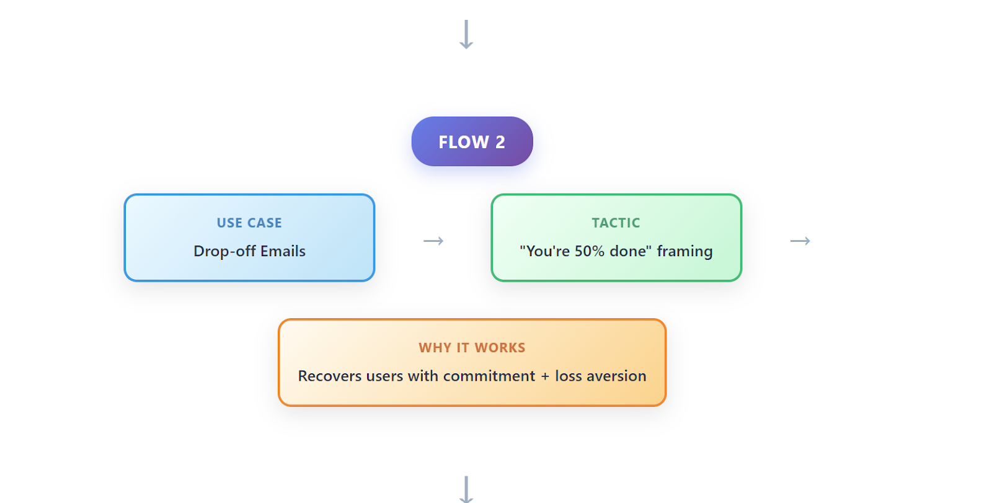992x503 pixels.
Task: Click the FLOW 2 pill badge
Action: coord(472,141)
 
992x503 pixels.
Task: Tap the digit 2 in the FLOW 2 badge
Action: coord(500,142)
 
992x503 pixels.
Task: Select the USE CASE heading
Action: coord(249,223)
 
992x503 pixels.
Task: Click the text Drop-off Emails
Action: coord(249,251)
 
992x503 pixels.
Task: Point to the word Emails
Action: coord(283,251)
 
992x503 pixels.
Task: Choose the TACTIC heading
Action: coord(616,223)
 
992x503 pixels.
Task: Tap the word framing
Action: coord(684,251)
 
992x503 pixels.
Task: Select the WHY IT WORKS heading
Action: coord(472,347)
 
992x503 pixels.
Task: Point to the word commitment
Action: coord(489,376)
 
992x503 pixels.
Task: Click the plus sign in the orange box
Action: coord(545,376)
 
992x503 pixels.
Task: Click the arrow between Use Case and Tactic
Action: coord(433,241)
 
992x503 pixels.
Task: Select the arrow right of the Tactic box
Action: coord(800,241)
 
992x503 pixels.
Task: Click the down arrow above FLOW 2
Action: coord(466,34)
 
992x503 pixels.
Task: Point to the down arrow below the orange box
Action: coord(466,489)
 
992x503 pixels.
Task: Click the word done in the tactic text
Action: coord(631,251)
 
